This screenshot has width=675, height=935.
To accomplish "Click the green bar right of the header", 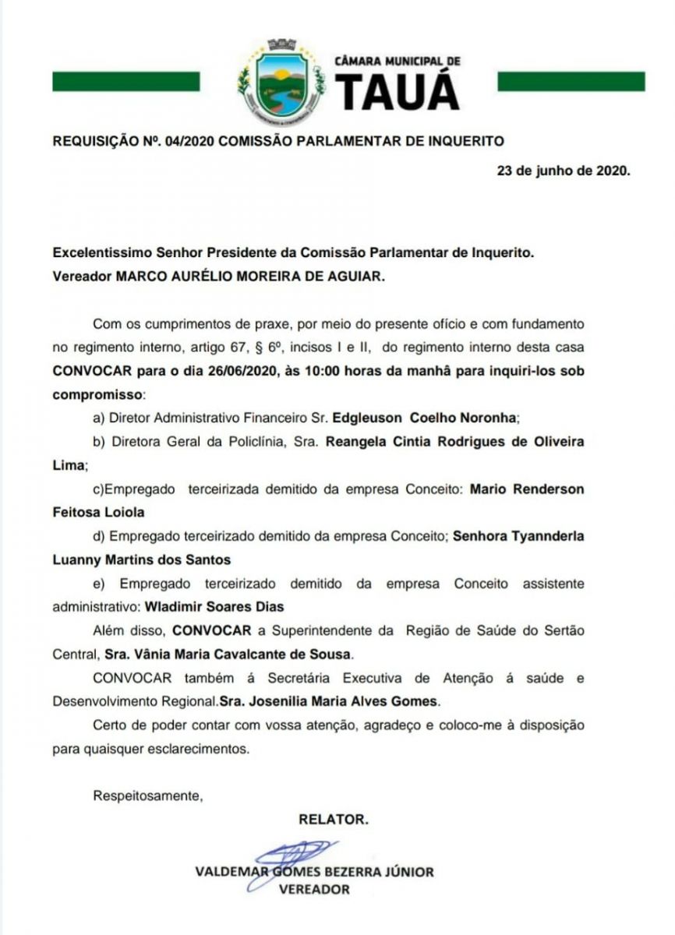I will (571, 81).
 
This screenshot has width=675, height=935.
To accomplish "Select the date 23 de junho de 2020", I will (564, 171).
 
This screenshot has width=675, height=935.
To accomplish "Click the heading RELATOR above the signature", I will (333, 819).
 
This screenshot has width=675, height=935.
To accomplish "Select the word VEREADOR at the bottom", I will (314, 889).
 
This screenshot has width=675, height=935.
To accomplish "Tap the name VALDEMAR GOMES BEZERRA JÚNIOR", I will (314, 872).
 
